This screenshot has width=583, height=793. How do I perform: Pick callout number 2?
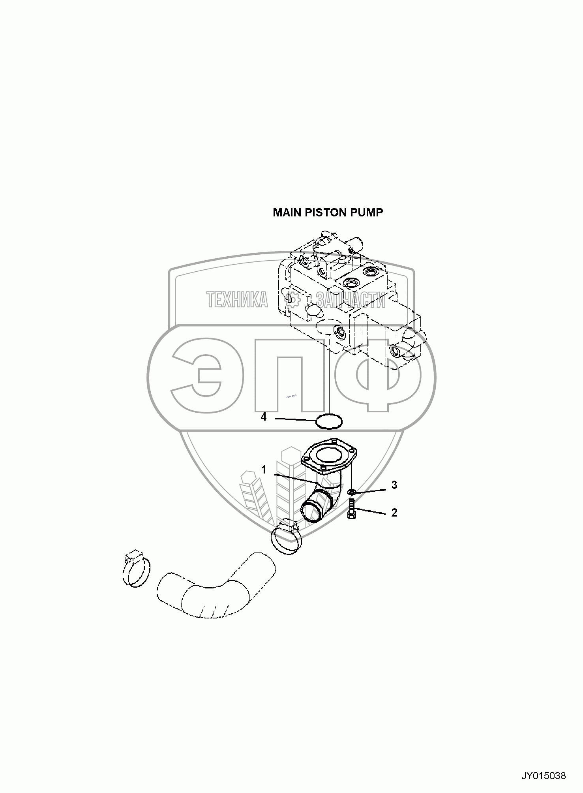coord(394,513)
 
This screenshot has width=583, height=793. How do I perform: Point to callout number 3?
coord(394,485)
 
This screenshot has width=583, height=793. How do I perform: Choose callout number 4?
coord(264,417)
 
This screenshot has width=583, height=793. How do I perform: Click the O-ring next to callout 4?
coord(329,421)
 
